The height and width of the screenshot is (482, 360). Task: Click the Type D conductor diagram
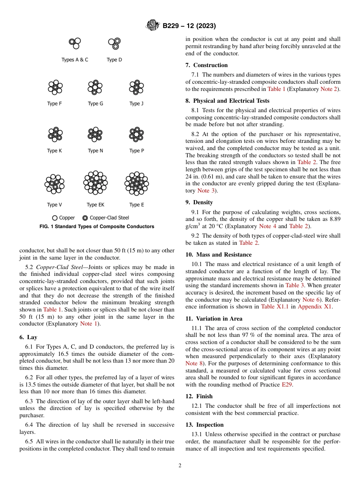click(x=114, y=44)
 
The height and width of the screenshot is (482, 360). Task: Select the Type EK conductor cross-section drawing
click(x=95, y=182)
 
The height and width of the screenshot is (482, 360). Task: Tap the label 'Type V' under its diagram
click(x=55, y=205)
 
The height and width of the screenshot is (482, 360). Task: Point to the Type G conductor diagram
click(x=95, y=87)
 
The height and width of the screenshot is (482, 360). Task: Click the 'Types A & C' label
click(x=75, y=60)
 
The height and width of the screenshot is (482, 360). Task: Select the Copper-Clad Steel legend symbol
click(x=85, y=218)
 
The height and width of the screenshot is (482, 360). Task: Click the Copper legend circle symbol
click(x=55, y=218)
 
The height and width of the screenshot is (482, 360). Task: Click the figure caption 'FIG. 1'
click(x=97, y=227)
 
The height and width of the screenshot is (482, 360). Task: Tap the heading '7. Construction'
click(x=207, y=65)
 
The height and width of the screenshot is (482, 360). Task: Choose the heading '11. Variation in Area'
click(x=214, y=319)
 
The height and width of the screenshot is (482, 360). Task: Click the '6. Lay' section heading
click(x=28, y=337)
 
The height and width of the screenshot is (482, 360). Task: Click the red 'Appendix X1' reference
click(x=315, y=307)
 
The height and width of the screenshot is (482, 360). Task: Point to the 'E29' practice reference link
click(x=286, y=385)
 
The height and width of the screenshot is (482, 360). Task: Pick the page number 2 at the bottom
click(x=180, y=466)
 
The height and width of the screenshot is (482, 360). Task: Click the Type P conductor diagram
click(x=136, y=134)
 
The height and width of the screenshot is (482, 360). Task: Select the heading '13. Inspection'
click(x=205, y=425)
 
